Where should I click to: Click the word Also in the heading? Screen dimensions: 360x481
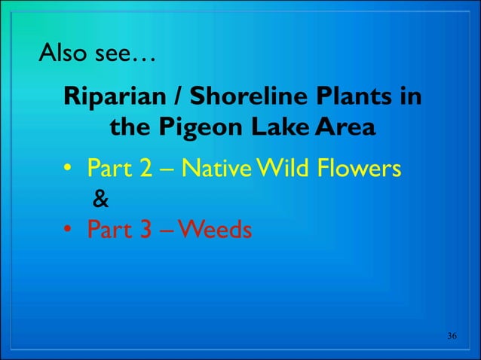coord(63,54)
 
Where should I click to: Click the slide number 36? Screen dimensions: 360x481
coord(452,335)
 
